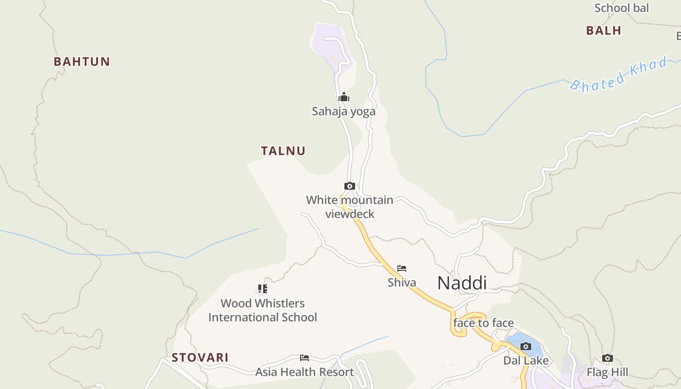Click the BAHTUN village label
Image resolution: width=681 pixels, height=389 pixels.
pos(82,62)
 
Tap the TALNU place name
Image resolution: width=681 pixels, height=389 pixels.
pos(283,151)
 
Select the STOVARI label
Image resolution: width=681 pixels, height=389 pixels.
pos(200,357)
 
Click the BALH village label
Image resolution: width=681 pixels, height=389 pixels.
pos(604,31)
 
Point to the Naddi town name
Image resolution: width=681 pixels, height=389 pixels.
pos(462,283)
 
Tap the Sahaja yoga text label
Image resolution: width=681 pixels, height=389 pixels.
pos(343,111)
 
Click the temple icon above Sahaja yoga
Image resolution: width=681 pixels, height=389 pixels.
pos(344,97)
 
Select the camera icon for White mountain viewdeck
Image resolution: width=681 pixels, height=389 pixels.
pos(349,186)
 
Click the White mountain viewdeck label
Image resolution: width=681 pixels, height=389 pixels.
pos(350,207)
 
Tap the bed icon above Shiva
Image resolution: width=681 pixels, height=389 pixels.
pos(402,268)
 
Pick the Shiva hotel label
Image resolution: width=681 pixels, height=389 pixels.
pos(402,283)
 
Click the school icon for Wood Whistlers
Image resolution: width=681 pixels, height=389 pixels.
pos(263,289)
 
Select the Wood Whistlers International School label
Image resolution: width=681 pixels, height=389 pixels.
pos(263,310)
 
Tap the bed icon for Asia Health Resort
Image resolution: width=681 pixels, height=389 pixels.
pos(305,358)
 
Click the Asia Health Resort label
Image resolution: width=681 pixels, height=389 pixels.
pos(305,372)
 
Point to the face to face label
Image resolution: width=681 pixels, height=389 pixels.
pos(484,323)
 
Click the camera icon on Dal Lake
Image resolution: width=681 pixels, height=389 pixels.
pos(525,346)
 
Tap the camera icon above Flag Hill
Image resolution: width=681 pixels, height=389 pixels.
pos(607,358)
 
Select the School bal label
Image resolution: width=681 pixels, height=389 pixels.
pos(622,8)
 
